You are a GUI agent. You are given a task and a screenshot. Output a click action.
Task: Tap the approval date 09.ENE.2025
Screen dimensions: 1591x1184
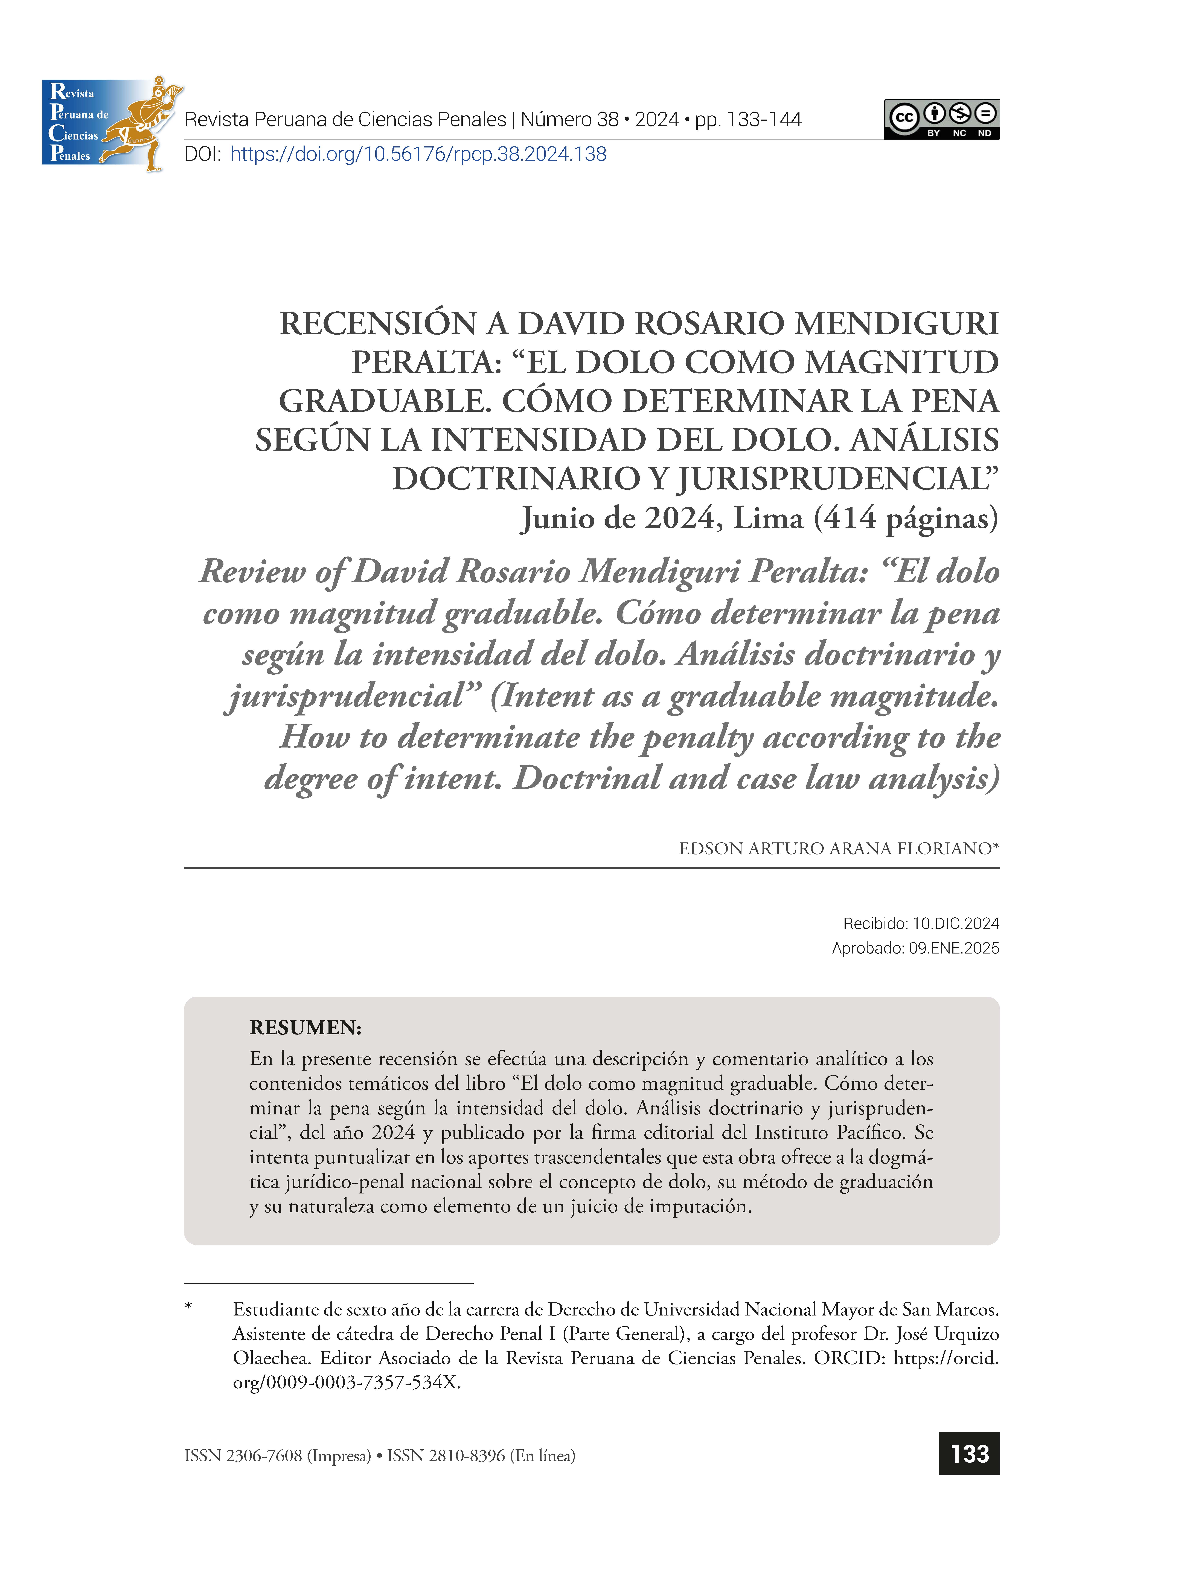(x=954, y=948)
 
